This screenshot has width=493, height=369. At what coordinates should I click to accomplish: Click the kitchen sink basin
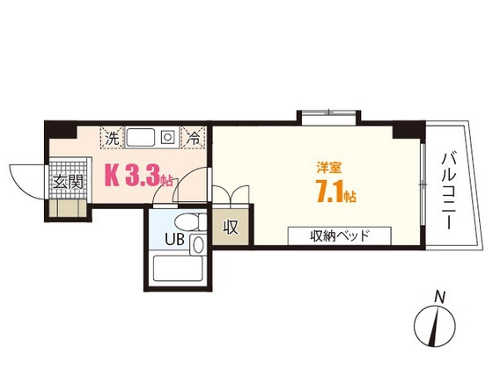(x=141, y=137)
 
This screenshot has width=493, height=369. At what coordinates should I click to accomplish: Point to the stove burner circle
(x=166, y=137)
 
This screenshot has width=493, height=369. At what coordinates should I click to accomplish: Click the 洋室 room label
(x=330, y=165)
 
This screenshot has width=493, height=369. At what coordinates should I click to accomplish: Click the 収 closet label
(x=231, y=228)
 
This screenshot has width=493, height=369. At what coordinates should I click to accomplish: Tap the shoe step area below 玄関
(x=66, y=209)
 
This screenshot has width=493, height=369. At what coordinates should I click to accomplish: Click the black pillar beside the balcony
(x=403, y=129)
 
